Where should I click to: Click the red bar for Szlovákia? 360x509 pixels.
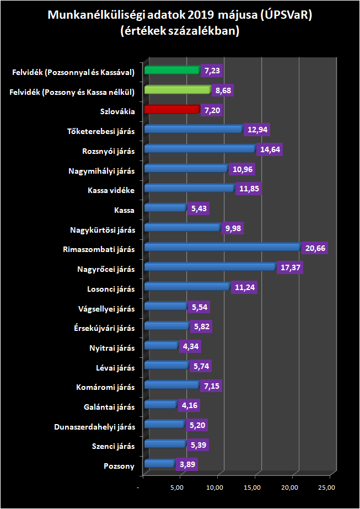click(171, 109)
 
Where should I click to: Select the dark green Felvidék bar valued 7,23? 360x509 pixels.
click(171, 70)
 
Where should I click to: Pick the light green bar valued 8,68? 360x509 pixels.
click(177, 89)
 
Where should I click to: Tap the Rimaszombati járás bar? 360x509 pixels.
click(222, 247)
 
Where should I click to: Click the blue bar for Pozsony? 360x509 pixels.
click(159, 464)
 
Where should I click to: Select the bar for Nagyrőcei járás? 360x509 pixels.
click(209, 267)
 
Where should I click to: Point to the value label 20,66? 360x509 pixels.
click(316, 248)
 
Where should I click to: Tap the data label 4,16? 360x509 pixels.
click(189, 406)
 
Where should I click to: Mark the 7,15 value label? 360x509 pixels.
click(211, 386)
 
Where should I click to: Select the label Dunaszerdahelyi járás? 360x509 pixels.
click(95, 427)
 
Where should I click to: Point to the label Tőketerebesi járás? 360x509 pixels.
click(100, 131)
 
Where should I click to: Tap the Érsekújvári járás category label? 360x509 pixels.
click(104, 328)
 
